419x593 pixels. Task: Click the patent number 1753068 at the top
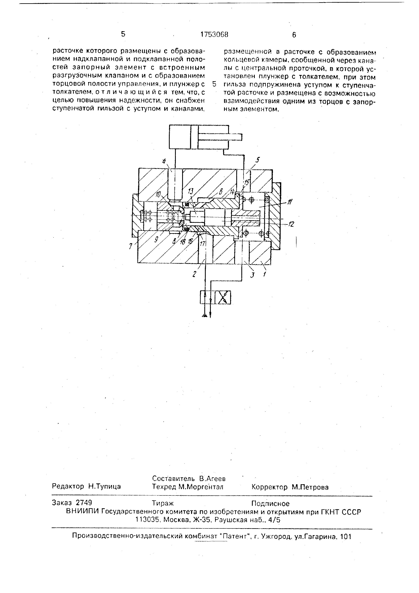(214, 35)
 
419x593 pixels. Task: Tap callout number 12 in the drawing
(291, 224)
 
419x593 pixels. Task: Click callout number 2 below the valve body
(195, 274)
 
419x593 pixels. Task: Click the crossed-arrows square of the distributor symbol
(223, 298)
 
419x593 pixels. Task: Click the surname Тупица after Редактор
(105, 486)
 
